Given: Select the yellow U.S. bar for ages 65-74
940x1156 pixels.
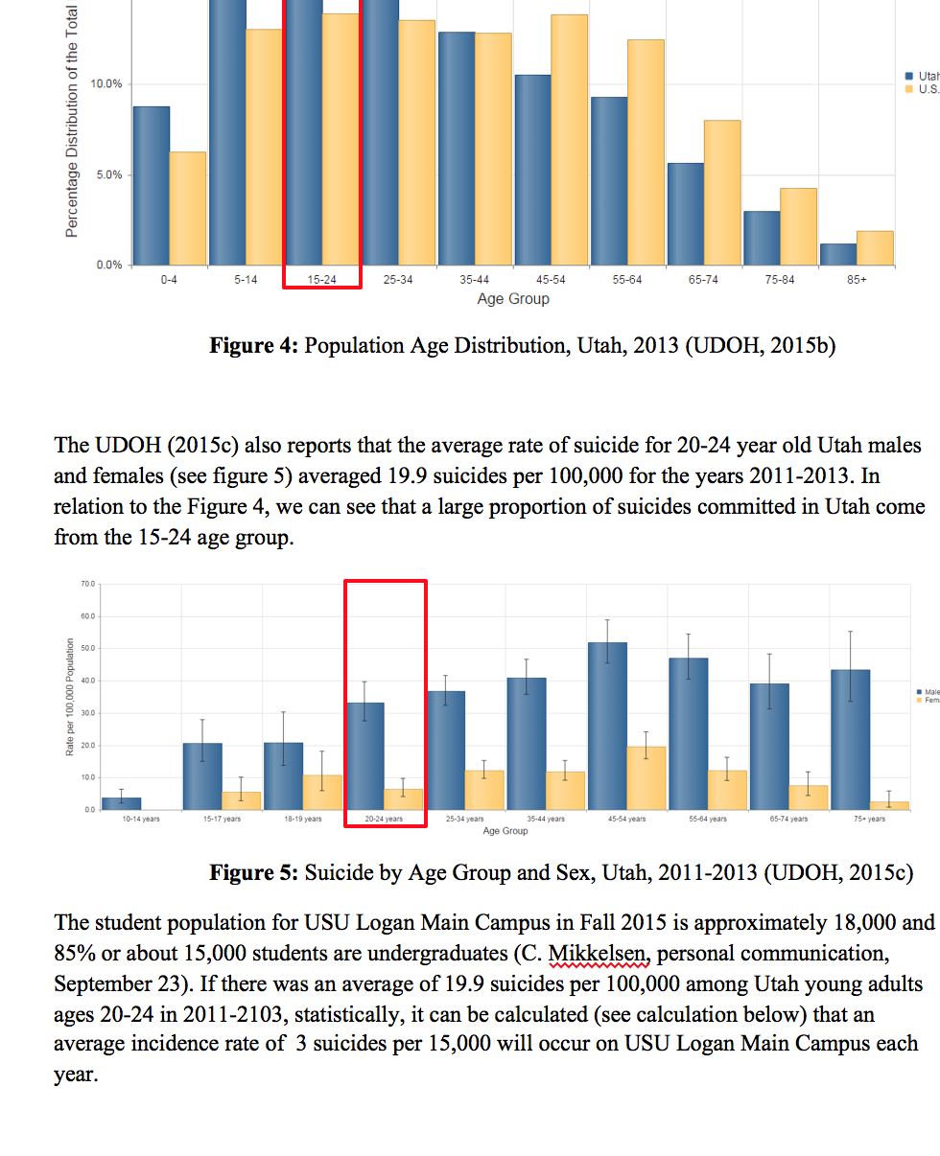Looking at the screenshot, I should [x=722, y=192].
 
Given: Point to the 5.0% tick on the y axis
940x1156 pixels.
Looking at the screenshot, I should [x=106, y=175].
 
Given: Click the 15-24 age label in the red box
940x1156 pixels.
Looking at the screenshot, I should [x=321, y=280].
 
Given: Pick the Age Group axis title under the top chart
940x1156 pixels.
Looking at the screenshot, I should [x=513, y=299].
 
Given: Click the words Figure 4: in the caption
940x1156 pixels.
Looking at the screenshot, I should [x=254, y=346].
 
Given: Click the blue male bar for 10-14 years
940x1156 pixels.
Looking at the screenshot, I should [x=122, y=803].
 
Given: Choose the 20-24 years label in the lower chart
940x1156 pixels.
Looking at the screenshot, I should [x=384, y=820].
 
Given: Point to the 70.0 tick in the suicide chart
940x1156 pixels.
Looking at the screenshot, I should [x=87, y=583].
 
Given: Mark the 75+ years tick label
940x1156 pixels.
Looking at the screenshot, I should [x=869, y=820].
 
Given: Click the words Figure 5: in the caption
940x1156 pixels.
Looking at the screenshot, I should [x=254, y=873].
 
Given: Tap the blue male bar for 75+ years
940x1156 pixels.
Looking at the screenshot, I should [x=851, y=739].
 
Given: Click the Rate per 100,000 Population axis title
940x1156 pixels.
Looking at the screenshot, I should [x=70, y=697].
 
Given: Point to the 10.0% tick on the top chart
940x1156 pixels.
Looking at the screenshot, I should [x=106, y=84].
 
